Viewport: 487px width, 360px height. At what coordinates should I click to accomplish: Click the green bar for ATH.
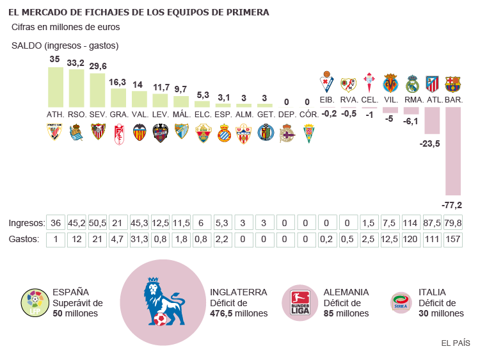[x=56, y=86]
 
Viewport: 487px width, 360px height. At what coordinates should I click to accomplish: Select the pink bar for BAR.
[x=453, y=151]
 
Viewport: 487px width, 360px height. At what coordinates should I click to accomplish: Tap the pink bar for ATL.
[x=432, y=120]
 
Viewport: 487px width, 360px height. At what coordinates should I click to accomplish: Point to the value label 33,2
[x=76, y=63]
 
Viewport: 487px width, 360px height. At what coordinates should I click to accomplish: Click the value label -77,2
[x=452, y=205]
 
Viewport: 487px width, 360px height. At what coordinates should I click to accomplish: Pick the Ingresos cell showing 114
[x=411, y=223]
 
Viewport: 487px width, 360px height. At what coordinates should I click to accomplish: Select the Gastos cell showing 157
[x=453, y=239]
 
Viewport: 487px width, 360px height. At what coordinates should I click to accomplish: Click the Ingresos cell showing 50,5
[x=97, y=223]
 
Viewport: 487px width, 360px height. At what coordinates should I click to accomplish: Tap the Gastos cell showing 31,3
[x=140, y=239]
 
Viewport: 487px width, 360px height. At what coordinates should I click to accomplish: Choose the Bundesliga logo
[x=300, y=302]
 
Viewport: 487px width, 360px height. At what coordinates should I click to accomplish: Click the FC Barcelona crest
[x=453, y=84]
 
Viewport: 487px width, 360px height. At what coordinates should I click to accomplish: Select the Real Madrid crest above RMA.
[x=411, y=84]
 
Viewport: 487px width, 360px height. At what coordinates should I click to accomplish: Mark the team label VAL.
[x=140, y=114]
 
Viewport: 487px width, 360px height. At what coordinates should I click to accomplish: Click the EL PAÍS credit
[x=456, y=343]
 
